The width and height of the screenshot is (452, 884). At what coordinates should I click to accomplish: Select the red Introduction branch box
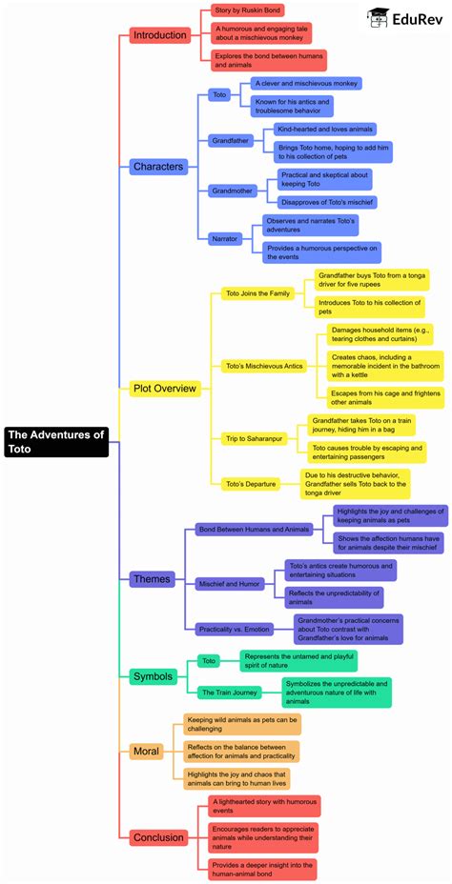tap(160, 35)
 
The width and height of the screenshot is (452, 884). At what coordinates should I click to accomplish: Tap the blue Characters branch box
tap(158, 167)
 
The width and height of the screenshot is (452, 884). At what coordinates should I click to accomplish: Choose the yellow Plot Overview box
tap(164, 388)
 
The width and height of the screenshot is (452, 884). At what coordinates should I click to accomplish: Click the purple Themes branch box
tap(153, 578)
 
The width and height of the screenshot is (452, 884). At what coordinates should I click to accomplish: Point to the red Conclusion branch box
tap(159, 837)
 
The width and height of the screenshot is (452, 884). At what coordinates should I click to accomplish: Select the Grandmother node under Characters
tap(234, 191)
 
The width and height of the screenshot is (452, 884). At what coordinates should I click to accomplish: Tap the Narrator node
tap(225, 238)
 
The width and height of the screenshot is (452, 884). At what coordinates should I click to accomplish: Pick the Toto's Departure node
tap(250, 484)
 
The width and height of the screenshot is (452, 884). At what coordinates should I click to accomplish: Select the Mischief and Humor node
tap(230, 582)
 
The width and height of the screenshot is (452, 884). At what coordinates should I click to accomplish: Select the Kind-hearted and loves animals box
tap(324, 129)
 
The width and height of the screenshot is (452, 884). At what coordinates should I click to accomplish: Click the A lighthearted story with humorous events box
tap(264, 806)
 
